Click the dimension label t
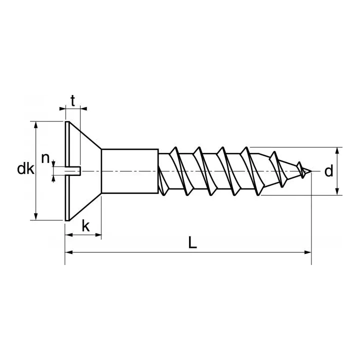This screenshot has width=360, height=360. pos(73,101)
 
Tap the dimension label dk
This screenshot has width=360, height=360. pos(25,169)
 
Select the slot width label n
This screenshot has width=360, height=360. pos(45,158)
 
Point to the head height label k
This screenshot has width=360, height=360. pos(85,226)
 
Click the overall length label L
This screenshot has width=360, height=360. pos(192,242)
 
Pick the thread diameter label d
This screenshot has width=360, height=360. pos(328,171)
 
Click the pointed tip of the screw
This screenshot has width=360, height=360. pos(311,171)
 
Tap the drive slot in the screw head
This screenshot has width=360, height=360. pos(73,171)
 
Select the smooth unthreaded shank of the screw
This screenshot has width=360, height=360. pos(130,171)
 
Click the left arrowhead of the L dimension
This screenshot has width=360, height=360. pos(68,252)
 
